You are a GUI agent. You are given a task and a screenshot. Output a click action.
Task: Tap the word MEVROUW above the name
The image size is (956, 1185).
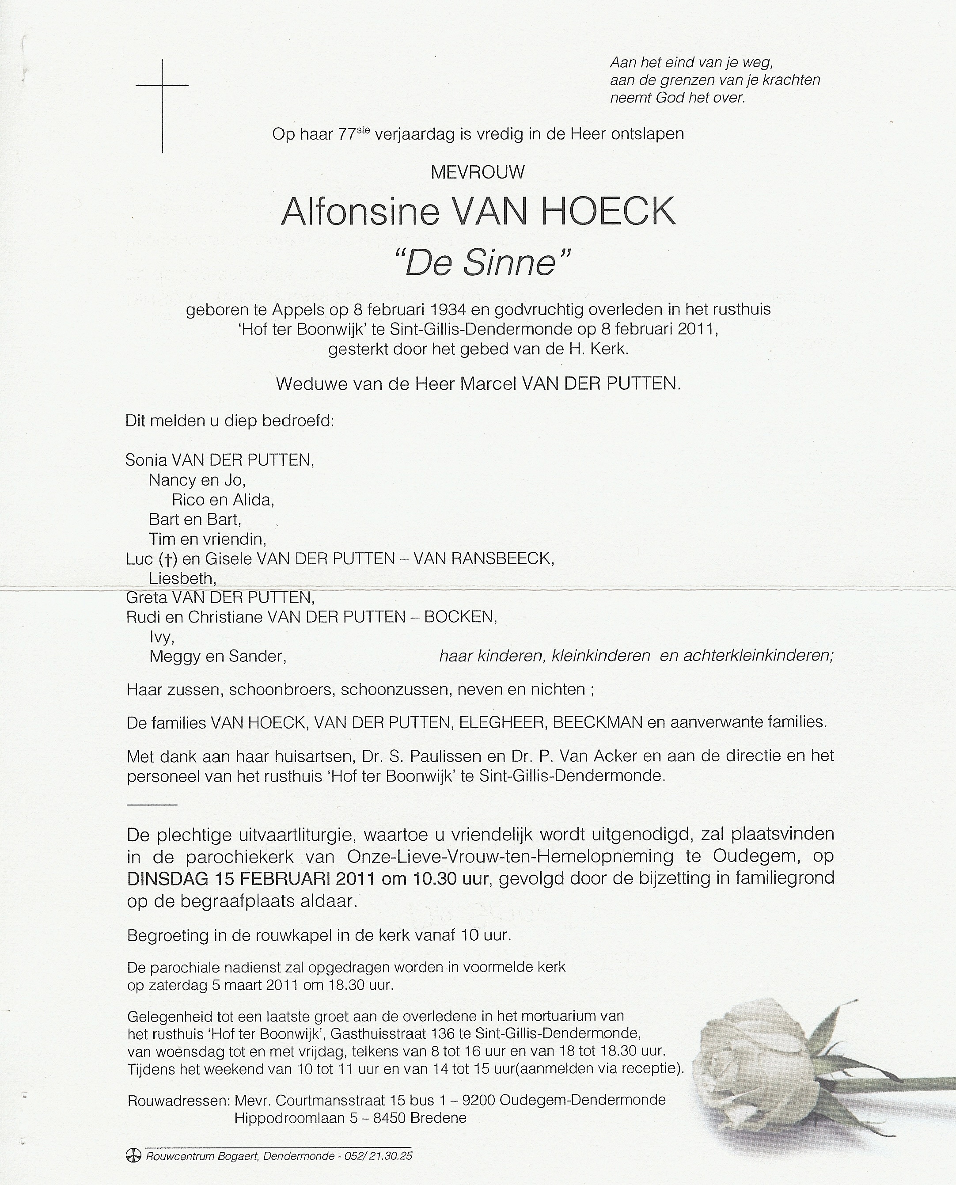(478, 172)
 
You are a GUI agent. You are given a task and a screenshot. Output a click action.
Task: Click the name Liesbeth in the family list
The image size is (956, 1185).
(182, 579)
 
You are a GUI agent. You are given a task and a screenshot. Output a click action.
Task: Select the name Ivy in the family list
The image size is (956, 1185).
(161, 637)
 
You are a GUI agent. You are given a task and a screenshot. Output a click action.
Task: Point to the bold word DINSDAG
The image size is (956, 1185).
(165, 878)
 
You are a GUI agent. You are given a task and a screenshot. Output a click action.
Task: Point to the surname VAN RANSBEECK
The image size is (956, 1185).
(483, 559)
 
